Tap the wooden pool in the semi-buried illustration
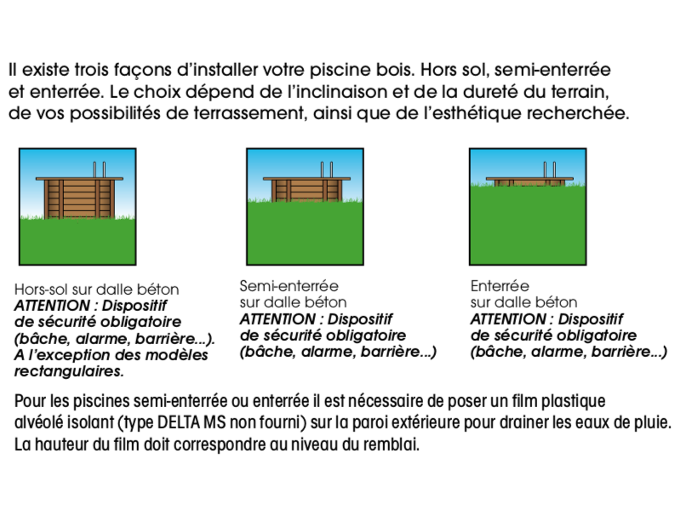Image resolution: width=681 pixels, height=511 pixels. click(305, 188)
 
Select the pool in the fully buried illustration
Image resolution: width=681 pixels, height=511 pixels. click(528, 181)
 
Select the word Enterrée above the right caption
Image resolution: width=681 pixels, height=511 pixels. click(500, 286)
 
